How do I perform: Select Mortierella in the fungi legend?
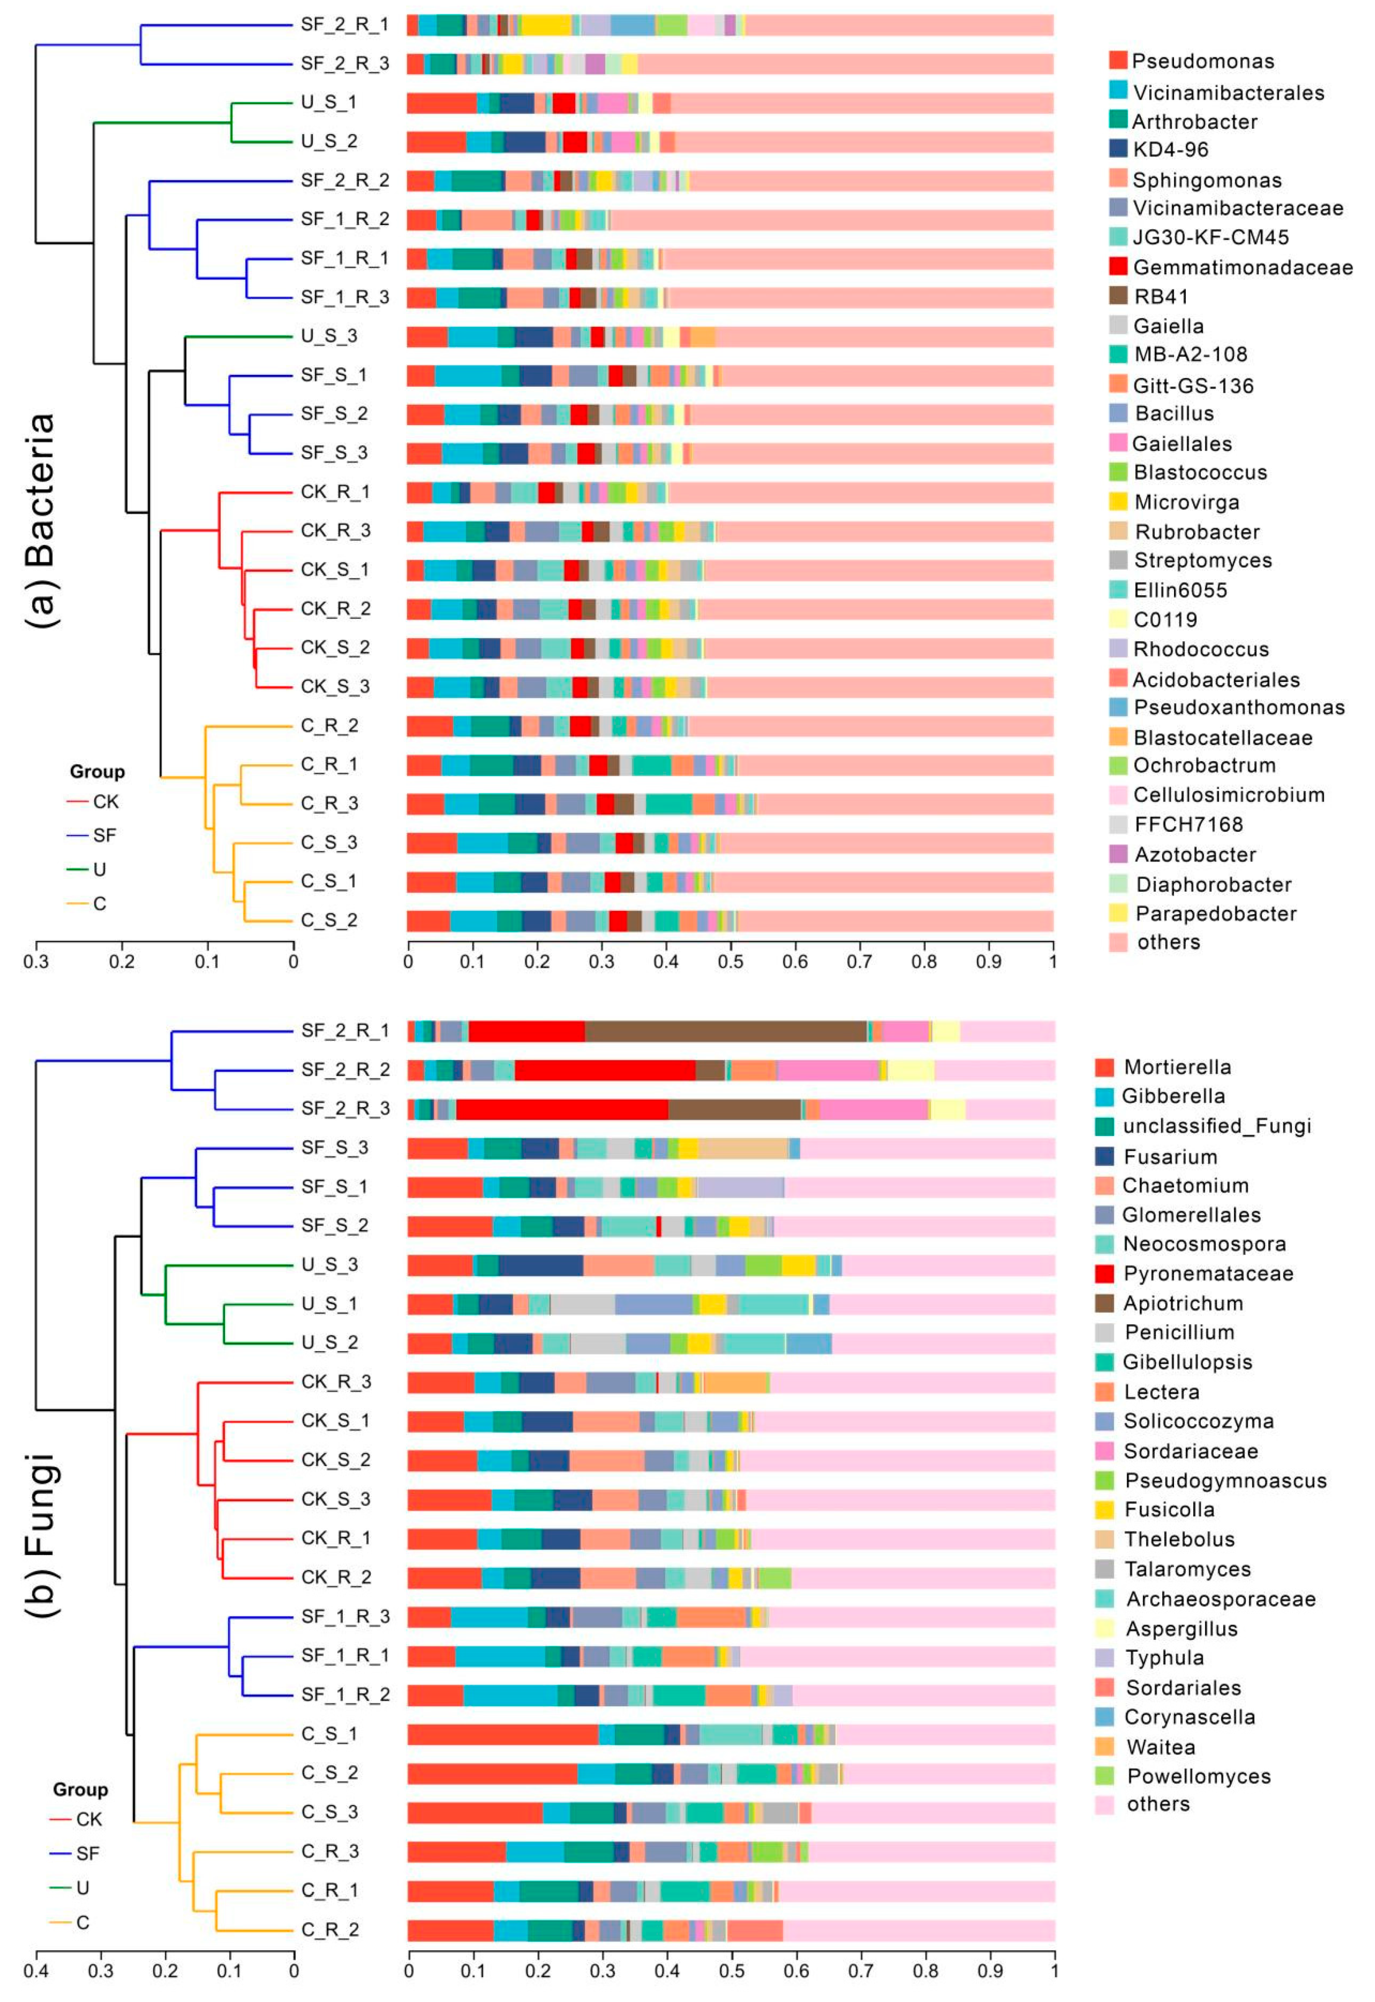(x=1177, y=1067)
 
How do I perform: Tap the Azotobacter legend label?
(x=1195, y=854)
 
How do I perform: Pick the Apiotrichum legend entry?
(x=1182, y=1303)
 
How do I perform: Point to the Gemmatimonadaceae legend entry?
(x=1242, y=267)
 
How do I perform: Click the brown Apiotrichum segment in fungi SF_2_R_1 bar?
(x=726, y=1031)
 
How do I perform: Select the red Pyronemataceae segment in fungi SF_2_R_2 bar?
(x=605, y=1070)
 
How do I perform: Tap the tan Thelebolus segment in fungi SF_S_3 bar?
(x=743, y=1148)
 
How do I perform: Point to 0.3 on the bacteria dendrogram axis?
(x=36, y=961)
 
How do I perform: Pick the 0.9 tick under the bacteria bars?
(x=988, y=961)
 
